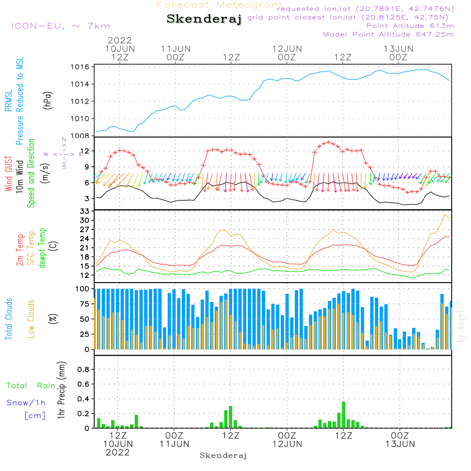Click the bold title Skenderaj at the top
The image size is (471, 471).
point(204,19)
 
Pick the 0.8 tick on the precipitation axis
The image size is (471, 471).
point(83,370)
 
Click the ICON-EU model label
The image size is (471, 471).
point(60,26)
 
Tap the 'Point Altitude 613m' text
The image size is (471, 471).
point(410,26)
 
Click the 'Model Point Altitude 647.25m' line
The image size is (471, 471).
point(389,34)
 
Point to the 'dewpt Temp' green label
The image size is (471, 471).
point(43,249)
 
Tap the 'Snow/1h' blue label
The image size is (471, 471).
point(26,403)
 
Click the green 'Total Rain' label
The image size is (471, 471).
point(31,386)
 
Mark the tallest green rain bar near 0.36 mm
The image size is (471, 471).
point(343,414)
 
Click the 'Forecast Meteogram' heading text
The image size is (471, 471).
point(219,5)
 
